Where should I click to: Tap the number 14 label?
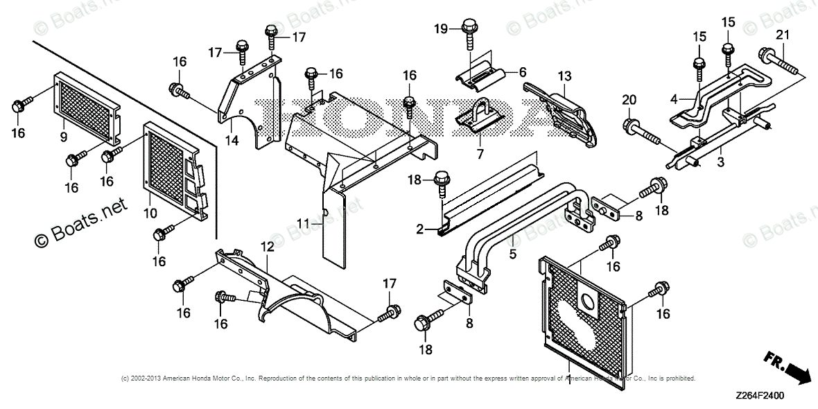(x=232, y=141)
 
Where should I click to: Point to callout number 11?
(x=302, y=224)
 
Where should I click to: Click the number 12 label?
(x=268, y=247)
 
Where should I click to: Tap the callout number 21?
(x=783, y=35)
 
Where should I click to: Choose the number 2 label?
(x=419, y=229)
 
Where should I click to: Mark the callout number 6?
(x=522, y=72)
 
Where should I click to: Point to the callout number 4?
(x=673, y=100)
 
